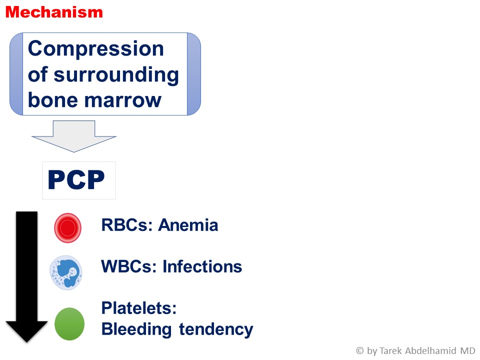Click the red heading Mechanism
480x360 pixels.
pyautogui.click(x=54, y=12)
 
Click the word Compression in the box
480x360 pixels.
pyautogui.click(x=96, y=49)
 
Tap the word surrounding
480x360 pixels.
pyautogui.click(x=116, y=75)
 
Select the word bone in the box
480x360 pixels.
pyautogui.click(x=53, y=100)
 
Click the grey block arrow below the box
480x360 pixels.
pyautogui.click(x=74, y=136)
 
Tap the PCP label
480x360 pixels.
pyautogui.click(x=76, y=180)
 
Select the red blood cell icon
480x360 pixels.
pyautogui.click(x=67, y=228)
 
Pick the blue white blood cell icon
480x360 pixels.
pyautogui.click(x=66, y=272)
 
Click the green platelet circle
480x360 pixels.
pyautogui.click(x=69, y=324)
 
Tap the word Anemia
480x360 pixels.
pyautogui.click(x=188, y=225)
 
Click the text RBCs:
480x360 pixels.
pyautogui.click(x=127, y=225)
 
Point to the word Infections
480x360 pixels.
pyautogui.click(x=202, y=266)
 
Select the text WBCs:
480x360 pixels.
pyautogui.click(x=129, y=266)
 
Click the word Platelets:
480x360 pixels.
pyautogui.click(x=139, y=308)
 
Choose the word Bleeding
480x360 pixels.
pyautogui.click(x=136, y=329)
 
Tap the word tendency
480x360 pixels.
pyautogui.click(x=216, y=329)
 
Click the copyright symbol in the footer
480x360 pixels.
pyautogui.click(x=360, y=350)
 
